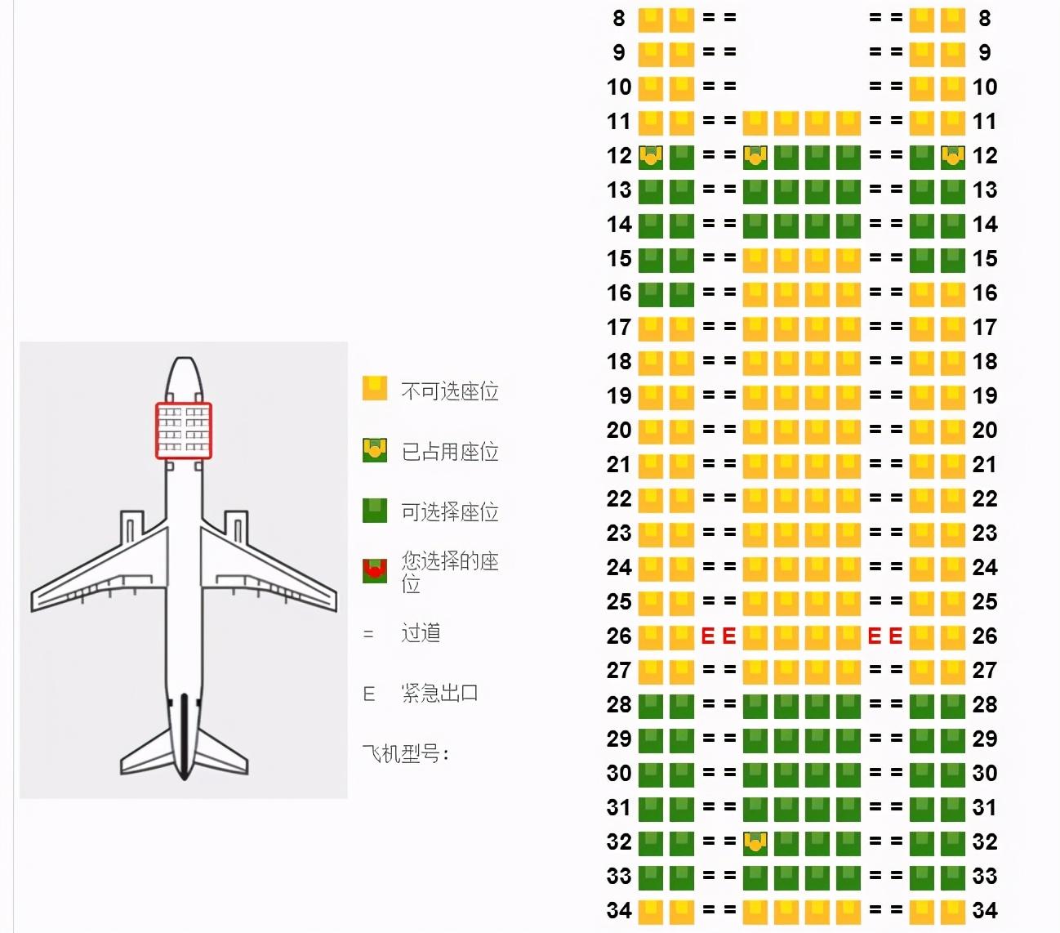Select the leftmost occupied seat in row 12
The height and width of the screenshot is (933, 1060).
pos(650,157)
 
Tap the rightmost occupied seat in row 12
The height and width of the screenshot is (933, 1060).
pos(953,157)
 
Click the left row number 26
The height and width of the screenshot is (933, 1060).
pos(619,636)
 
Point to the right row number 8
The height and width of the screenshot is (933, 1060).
pos(985,18)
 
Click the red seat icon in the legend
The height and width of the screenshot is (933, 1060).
pos(375,571)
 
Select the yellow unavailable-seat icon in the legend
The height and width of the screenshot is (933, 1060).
pos(375,389)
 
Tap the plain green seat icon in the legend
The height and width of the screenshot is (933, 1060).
pos(375,511)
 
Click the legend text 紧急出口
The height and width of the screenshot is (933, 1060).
pos(440,693)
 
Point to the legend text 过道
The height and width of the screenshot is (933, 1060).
pos(421,633)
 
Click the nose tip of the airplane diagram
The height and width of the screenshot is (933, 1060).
pos(184,358)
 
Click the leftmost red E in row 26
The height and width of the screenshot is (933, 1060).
pos(707,636)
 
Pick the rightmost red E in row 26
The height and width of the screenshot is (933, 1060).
pos(896,636)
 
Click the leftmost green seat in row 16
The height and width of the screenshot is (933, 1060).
pos(650,294)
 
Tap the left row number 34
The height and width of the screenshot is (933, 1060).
pos(619,911)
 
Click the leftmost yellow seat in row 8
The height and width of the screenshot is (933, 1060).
pos(650,20)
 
